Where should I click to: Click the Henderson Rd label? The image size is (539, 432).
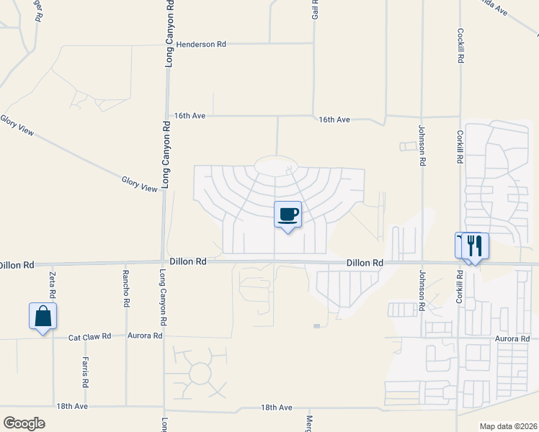click(x=201, y=44)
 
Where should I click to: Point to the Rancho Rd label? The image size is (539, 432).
click(x=125, y=289)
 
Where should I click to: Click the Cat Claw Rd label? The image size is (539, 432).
click(x=90, y=336)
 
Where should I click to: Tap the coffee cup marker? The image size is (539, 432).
click(x=288, y=215)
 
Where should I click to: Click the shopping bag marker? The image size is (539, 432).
click(x=43, y=316)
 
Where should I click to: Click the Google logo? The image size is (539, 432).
click(x=24, y=423)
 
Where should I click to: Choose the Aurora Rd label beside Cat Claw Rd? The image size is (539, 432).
click(x=146, y=336)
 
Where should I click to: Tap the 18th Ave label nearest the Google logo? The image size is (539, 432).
click(x=72, y=406)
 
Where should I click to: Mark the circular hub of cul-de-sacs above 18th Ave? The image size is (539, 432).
click(x=200, y=373)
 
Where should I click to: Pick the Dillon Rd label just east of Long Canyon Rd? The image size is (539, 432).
click(x=188, y=261)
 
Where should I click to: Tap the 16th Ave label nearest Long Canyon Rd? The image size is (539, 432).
click(x=190, y=115)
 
